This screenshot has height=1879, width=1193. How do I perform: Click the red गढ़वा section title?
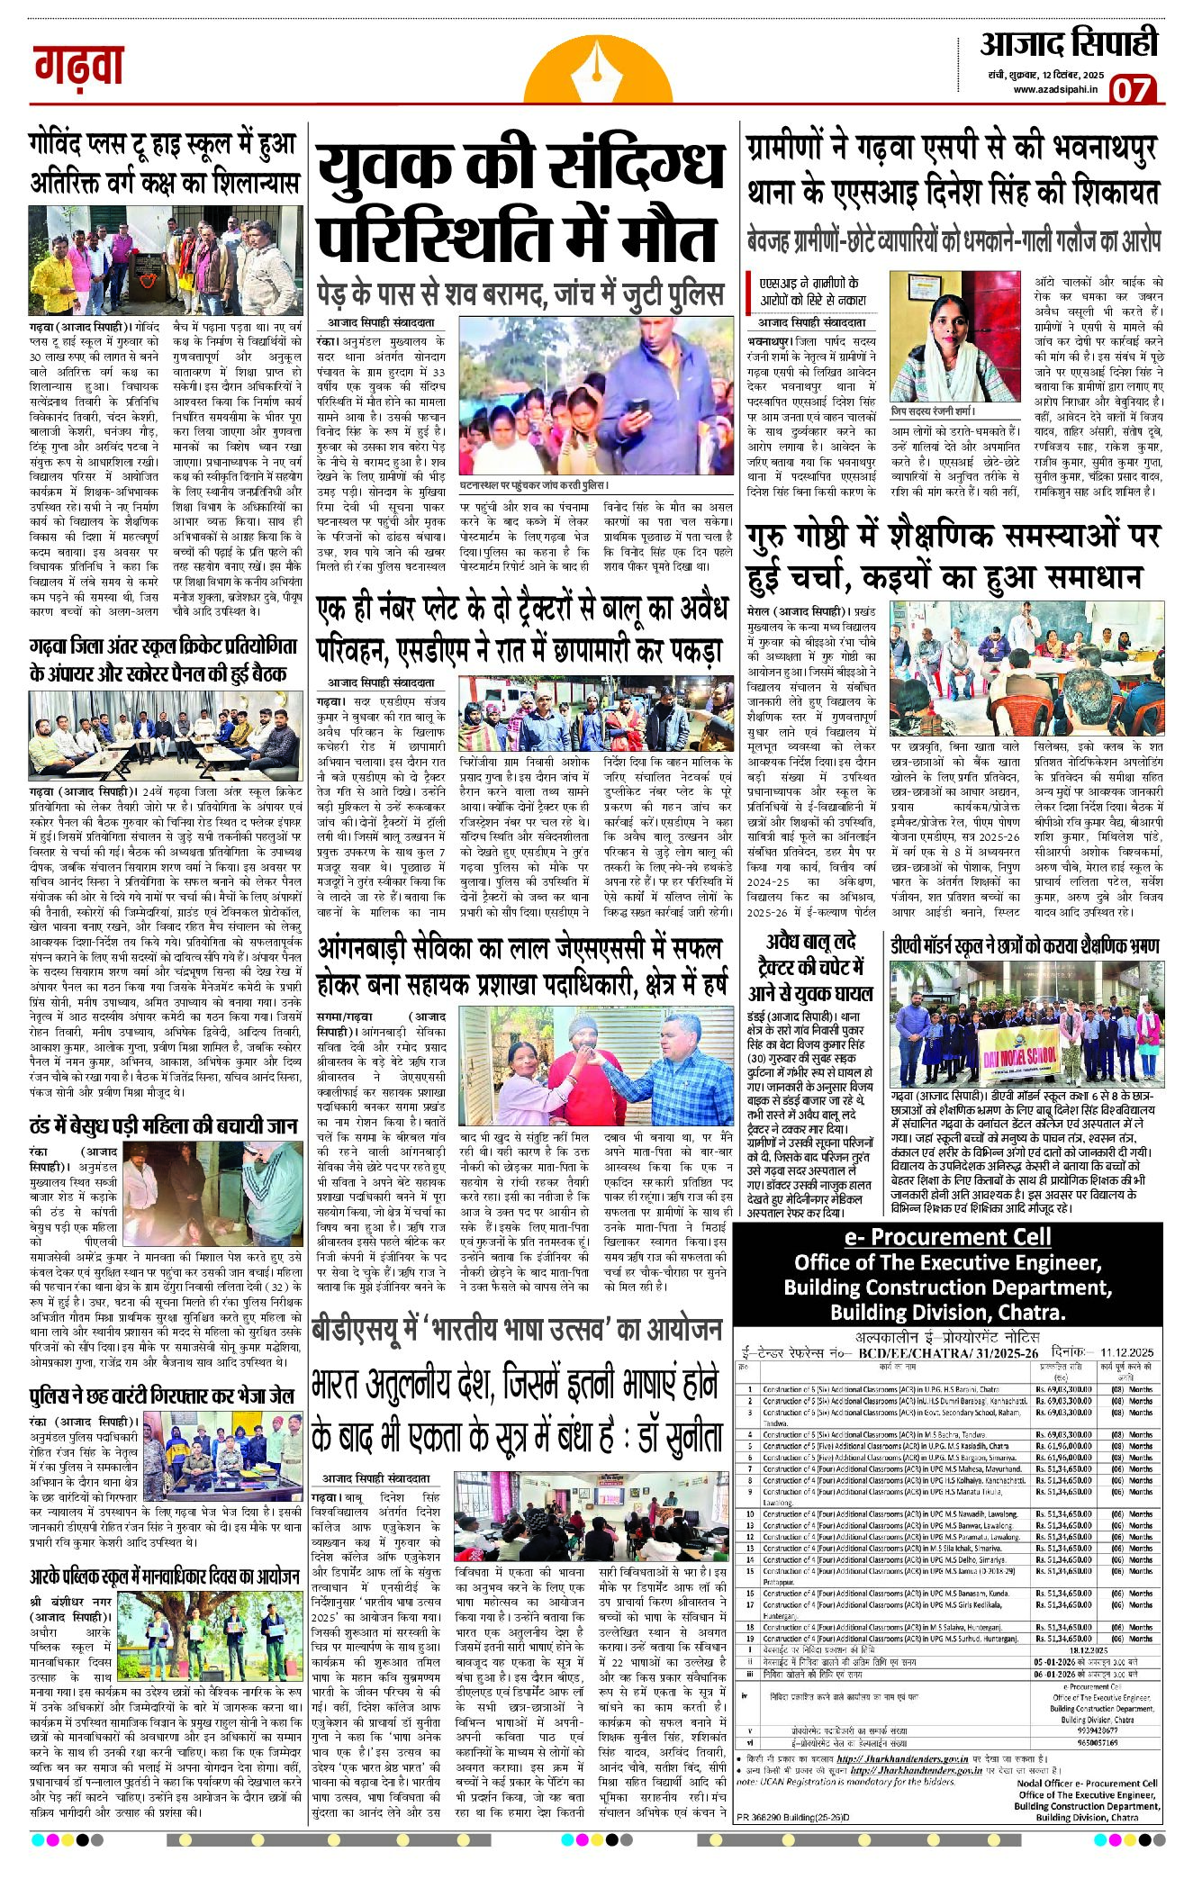click(x=79, y=66)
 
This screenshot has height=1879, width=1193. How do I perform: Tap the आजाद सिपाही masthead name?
click(x=1069, y=43)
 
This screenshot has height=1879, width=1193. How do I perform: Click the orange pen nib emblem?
click(x=594, y=72)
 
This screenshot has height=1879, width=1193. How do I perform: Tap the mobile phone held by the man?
click(x=641, y=408)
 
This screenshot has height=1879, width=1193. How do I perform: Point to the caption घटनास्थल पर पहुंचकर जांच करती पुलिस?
click(x=535, y=485)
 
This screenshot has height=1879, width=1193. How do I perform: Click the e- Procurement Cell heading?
click(x=946, y=1236)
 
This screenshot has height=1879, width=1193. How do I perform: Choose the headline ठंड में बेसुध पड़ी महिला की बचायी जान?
click(x=163, y=1125)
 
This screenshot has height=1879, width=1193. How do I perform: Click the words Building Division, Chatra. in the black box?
click(x=947, y=1312)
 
